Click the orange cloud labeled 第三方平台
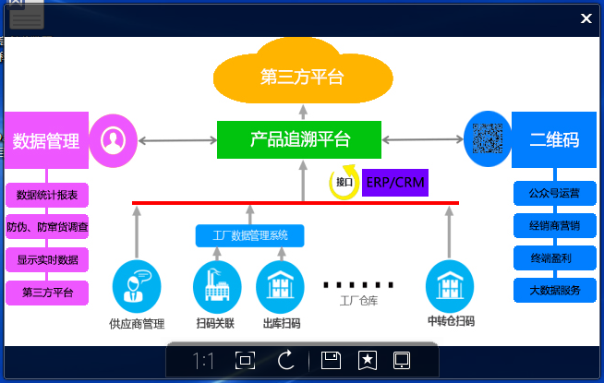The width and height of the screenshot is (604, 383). pyautogui.click(x=301, y=77)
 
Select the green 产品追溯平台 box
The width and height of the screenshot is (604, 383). pyautogui.click(x=300, y=139)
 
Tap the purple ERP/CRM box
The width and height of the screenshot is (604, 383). pyautogui.click(x=395, y=182)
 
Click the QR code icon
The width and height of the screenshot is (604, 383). pyautogui.click(x=487, y=139)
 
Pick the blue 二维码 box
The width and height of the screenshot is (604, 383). pyautogui.click(x=554, y=140)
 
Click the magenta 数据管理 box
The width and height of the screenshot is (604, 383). pyautogui.click(x=46, y=140)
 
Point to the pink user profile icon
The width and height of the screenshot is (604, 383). pyautogui.click(x=114, y=140)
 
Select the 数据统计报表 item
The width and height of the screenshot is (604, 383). pyautogui.click(x=47, y=196)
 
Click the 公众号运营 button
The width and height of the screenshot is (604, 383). pyautogui.click(x=554, y=194)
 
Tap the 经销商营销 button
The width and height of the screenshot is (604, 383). pyautogui.click(x=554, y=226)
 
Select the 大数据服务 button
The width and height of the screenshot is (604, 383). pyautogui.click(x=554, y=291)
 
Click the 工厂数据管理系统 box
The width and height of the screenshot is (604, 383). pyautogui.click(x=250, y=236)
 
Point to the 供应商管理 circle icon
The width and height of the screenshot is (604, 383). pyautogui.click(x=136, y=287)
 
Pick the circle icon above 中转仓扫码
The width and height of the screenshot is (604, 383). pyautogui.click(x=450, y=287)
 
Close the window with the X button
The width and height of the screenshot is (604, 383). pyautogui.click(x=586, y=18)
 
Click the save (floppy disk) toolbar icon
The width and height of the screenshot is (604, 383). pyautogui.click(x=331, y=361)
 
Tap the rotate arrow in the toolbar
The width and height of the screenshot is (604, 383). pyautogui.click(x=285, y=361)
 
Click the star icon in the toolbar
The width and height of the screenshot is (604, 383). pyautogui.click(x=367, y=361)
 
